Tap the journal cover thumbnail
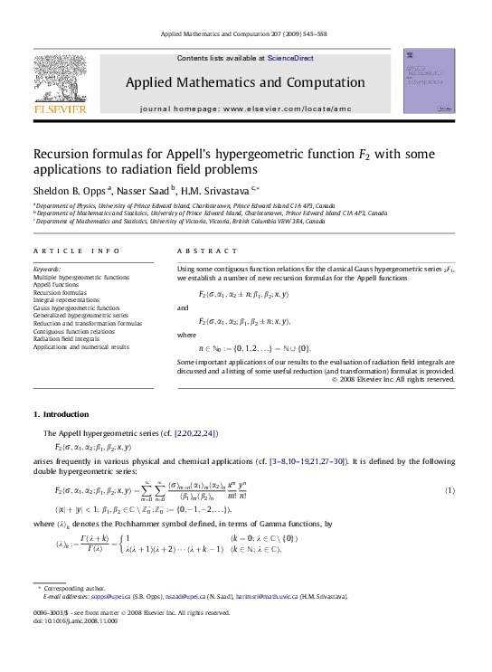429,81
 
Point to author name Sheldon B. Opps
70,191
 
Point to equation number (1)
449,490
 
